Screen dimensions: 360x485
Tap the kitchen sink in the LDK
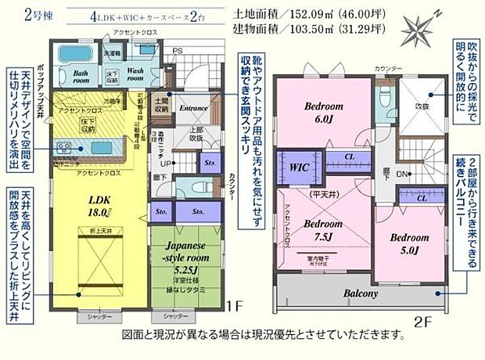click(64, 146)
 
